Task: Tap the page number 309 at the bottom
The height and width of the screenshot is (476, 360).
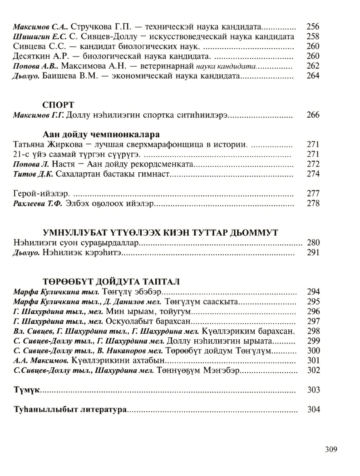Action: tap(331, 449)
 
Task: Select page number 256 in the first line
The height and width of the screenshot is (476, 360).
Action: tap(312, 27)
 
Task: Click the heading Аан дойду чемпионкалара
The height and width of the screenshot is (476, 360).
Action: tap(101, 134)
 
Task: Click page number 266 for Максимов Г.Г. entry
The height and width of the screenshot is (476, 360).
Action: tap(312, 115)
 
